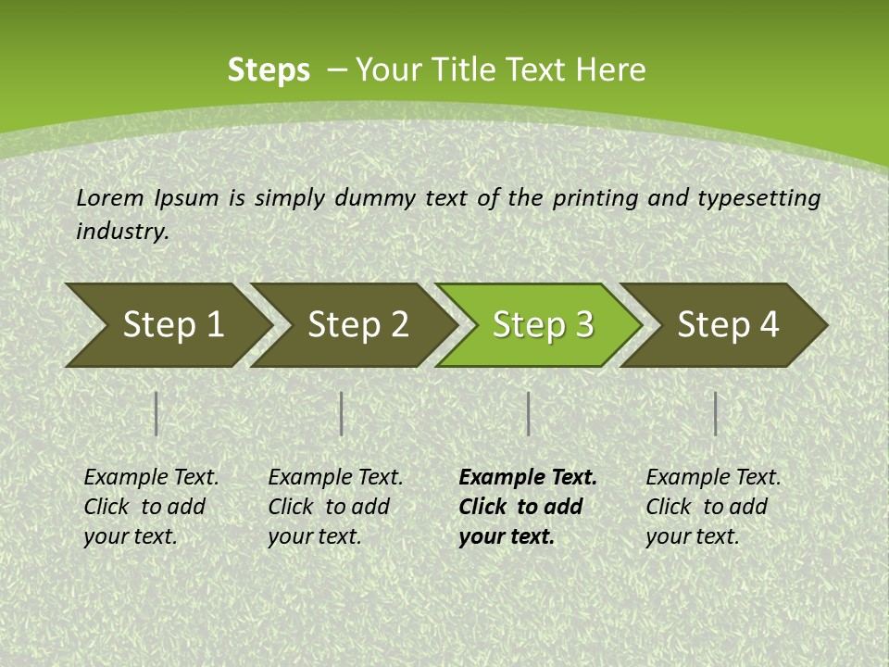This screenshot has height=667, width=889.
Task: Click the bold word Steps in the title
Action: point(269,70)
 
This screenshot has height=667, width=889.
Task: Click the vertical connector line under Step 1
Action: point(157,413)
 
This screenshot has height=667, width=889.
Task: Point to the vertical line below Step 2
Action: point(342,413)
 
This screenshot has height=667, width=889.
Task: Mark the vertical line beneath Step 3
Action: point(528,413)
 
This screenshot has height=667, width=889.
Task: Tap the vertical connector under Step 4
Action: point(716,413)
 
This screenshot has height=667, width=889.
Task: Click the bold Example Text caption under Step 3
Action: point(528,507)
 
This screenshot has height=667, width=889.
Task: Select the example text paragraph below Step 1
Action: point(151,507)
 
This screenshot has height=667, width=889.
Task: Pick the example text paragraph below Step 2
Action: point(335,507)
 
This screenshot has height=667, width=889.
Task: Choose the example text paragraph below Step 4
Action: point(713,507)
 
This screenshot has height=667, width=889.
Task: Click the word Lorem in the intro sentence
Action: point(110,197)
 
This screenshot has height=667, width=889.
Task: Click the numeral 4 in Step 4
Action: point(769,325)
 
